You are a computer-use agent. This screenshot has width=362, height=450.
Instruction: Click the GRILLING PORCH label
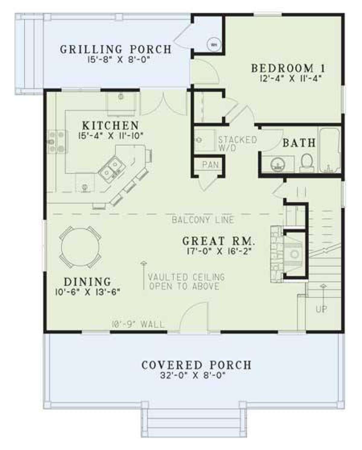(116, 49)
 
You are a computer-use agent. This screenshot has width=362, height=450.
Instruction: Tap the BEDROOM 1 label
(288, 68)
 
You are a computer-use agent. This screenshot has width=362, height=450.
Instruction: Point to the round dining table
(80, 247)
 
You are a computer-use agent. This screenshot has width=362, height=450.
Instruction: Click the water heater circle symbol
(214, 45)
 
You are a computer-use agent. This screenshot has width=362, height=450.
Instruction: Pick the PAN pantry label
(210, 164)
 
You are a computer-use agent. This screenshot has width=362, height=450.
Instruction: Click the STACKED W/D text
(237, 144)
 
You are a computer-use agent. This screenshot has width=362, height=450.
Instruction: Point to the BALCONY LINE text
(202, 220)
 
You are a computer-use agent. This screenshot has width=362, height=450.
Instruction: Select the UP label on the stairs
(321, 309)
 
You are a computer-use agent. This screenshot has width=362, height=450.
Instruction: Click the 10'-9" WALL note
(138, 325)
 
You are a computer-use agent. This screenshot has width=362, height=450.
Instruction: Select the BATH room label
(299, 143)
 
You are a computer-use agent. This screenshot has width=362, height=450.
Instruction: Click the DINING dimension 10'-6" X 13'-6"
(87, 292)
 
